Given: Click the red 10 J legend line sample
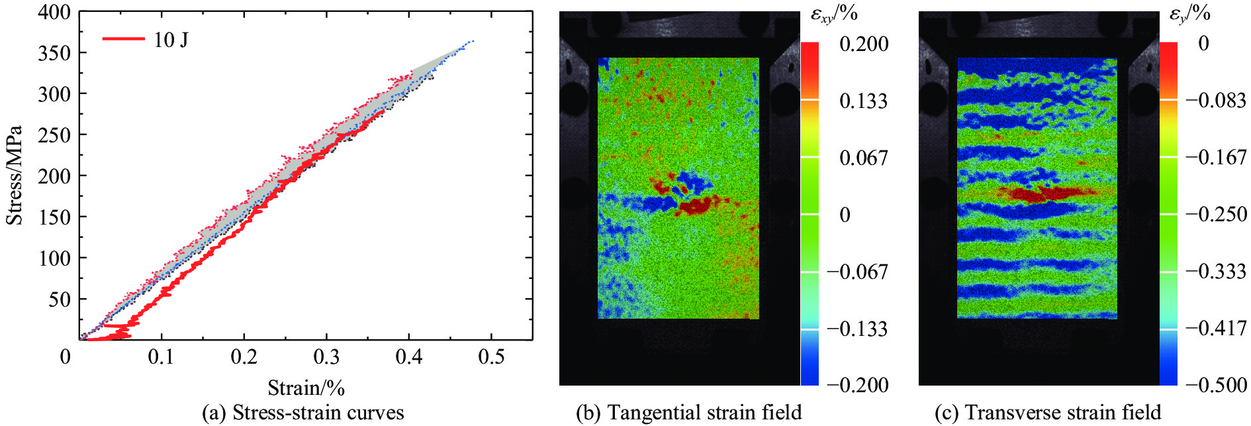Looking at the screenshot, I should pyautogui.click(x=123, y=39).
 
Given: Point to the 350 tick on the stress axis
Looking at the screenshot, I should pyautogui.click(x=54, y=53).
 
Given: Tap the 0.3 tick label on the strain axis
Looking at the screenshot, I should pyautogui.click(x=326, y=358).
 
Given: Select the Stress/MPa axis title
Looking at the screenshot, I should pyautogui.click(x=15, y=176).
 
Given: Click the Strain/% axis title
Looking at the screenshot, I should pyautogui.click(x=306, y=388).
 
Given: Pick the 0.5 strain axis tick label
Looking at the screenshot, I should pyautogui.click(x=491, y=358).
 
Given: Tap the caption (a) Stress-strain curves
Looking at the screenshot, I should pyautogui.click(x=302, y=413).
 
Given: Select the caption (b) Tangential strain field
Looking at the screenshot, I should pyautogui.click(x=689, y=413).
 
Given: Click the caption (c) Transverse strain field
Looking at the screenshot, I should pyautogui.click(x=1048, y=413).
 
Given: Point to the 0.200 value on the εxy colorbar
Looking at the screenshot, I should pyautogui.click(x=864, y=44).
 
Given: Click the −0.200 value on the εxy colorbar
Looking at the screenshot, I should pyautogui.click(x=858, y=385).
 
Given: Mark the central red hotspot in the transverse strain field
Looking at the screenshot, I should pyautogui.click(x=1046, y=193).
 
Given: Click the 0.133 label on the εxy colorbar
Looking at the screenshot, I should pyautogui.click(x=864, y=101).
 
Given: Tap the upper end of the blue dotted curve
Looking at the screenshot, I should pyautogui.click(x=473, y=41).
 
